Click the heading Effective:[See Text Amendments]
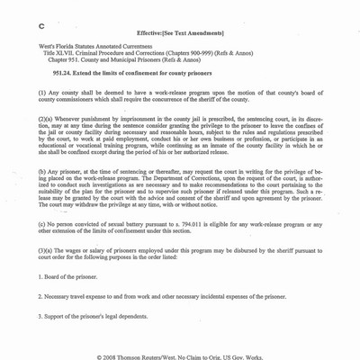click(x=185, y=31)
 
